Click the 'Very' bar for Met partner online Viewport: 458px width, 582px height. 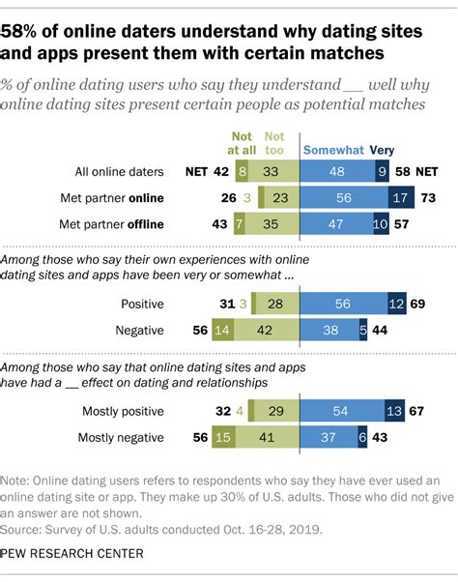tap(400, 198)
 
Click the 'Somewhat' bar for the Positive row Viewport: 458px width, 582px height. tap(344, 303)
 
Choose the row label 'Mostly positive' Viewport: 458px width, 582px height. tap(123, 411)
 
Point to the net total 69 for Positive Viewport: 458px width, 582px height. tap(418, 303)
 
